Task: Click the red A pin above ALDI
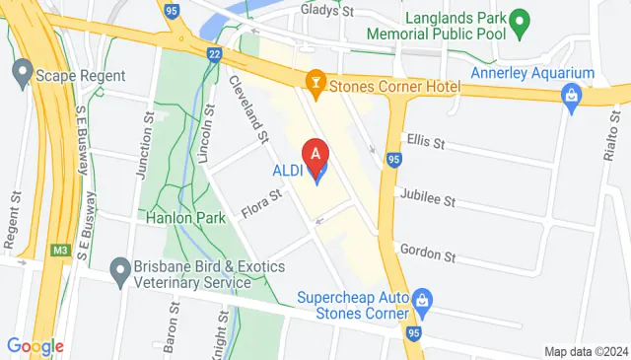click(x=315, y=156)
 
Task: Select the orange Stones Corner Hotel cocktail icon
click(x=315, y=86)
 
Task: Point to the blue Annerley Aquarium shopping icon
click(x=570, y=96)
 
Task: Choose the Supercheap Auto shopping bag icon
click(x=423, y=298)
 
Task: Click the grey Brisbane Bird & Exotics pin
click(x=120, y=268)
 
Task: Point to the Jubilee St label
click(x=428, y=199)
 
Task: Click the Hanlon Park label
click(x=170, y=219)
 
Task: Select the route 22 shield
click(x=214, y=53)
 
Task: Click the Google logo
click(x=35, y=346)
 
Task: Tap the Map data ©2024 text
click(x=586, y=351)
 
